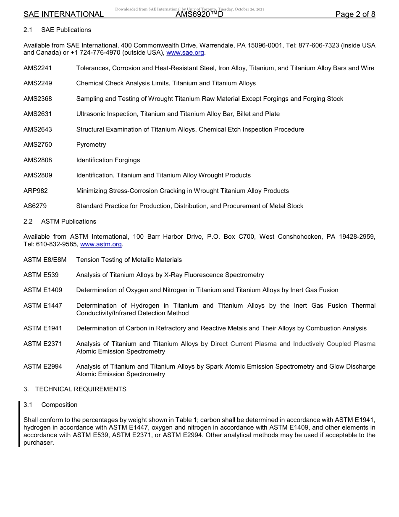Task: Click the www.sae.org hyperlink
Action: pyautogui.click(x=185, y=53)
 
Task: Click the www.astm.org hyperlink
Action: pyautogui.click(x=101, y=244)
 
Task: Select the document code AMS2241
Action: pyautogui.click(x=38, y=68)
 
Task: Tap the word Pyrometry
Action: pyautogui.click(x=91, y=145)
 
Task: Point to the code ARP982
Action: pyautogui.click(x=36, y=191)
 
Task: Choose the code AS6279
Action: pyautogui.click(x=35, y=206)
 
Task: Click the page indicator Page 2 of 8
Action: pyautogui.click(x=355, y=14)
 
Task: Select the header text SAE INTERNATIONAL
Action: pyautogui.click(x=63, y=14)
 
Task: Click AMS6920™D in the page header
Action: pyautogui.click(x=199, y=14)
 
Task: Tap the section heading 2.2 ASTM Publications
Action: pyautogui.click(x=60, y=222)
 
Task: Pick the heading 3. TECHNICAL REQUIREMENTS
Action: pyautogui.click(x=75, y=389)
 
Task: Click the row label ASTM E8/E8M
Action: pyautogui.click(x=45, y=260)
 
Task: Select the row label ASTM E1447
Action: pyautogui.click(x=43, y=306)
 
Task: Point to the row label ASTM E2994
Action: pyautogui.click(x=43, y=367)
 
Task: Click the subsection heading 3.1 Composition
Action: pyautogui.click(x=50, y=405)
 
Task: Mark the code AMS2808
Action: pyautogui.click(x=38, y=160)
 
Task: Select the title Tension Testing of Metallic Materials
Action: pyautogui.click(x=129, y=260)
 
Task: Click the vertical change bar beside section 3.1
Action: pyautogui.click(x=19, y=424)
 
